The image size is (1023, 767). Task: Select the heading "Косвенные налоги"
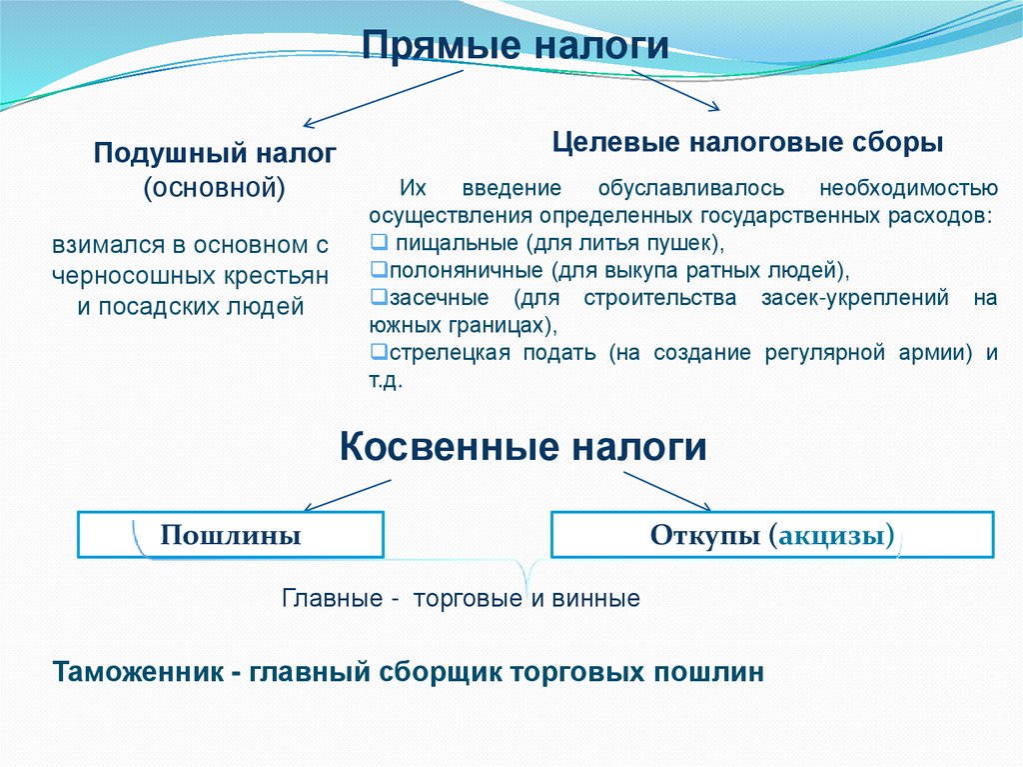(523, 446)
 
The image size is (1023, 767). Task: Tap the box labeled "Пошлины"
(231, 535)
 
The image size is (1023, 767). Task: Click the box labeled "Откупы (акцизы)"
(772, 535)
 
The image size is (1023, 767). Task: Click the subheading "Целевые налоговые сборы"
(748, 142)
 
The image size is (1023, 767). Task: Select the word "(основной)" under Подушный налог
(215, 186)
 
